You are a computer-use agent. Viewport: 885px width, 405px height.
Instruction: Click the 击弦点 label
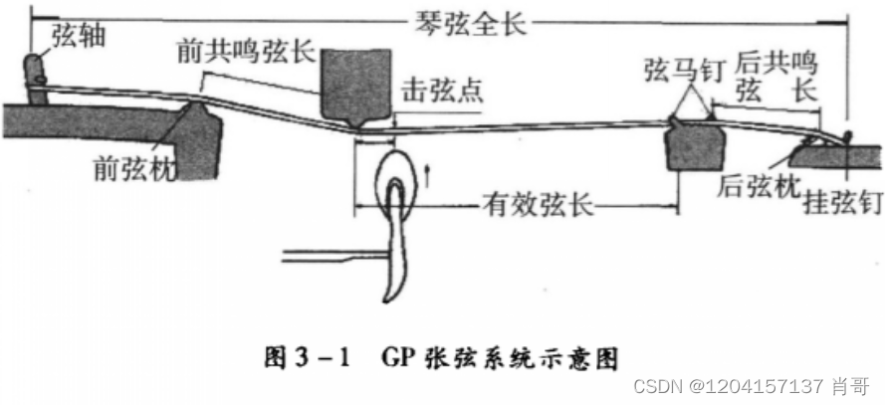[441, 90]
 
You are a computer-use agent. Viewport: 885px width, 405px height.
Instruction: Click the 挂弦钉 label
[842, 205]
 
